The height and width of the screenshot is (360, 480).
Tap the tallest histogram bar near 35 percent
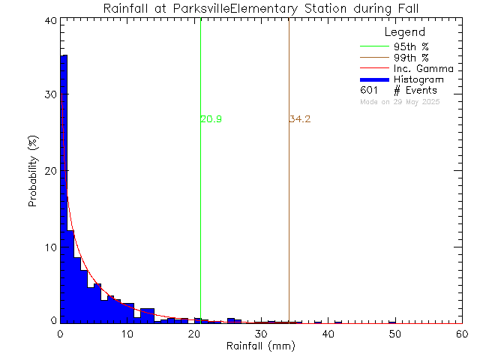(64, 187)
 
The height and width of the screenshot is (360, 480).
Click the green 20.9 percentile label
(211, 119)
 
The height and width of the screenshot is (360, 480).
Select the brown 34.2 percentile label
(300, 119)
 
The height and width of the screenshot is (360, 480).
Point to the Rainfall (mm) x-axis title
(261, 346)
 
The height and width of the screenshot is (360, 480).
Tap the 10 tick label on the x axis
(127, 334)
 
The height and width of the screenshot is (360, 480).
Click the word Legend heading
(404, 32)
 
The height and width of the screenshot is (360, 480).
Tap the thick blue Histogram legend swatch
(373, 79)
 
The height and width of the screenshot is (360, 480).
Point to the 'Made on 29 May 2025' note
(400, 101)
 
